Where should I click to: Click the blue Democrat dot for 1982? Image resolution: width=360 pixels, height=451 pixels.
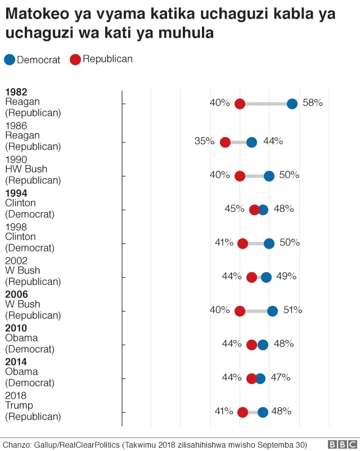[292, 103]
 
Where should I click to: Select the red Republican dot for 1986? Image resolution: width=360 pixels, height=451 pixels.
[225, 142]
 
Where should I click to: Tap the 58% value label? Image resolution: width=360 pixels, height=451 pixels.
[313, 103]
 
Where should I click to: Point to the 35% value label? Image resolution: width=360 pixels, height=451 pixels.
[204, 141]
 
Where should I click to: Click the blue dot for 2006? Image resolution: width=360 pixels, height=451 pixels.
[272, 311]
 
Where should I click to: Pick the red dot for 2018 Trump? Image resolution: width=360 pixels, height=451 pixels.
[242, 412]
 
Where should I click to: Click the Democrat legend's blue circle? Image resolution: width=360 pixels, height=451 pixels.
[10, 60]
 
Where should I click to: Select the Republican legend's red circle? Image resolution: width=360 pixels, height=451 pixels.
[75, 60]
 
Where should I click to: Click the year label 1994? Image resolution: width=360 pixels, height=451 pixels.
[16, 193]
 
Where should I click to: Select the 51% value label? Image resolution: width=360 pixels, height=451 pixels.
[292, 310]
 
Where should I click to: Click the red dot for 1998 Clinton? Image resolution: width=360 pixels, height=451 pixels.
[242, 243]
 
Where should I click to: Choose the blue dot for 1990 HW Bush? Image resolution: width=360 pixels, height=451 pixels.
[269, 176]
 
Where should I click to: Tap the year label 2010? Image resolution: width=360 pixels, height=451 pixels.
[16, 328]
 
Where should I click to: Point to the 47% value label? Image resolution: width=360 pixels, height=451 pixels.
[281, 377]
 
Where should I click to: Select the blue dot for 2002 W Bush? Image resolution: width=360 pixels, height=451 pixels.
[266, 277]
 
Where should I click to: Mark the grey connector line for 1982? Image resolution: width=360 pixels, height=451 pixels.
[265, 103]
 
